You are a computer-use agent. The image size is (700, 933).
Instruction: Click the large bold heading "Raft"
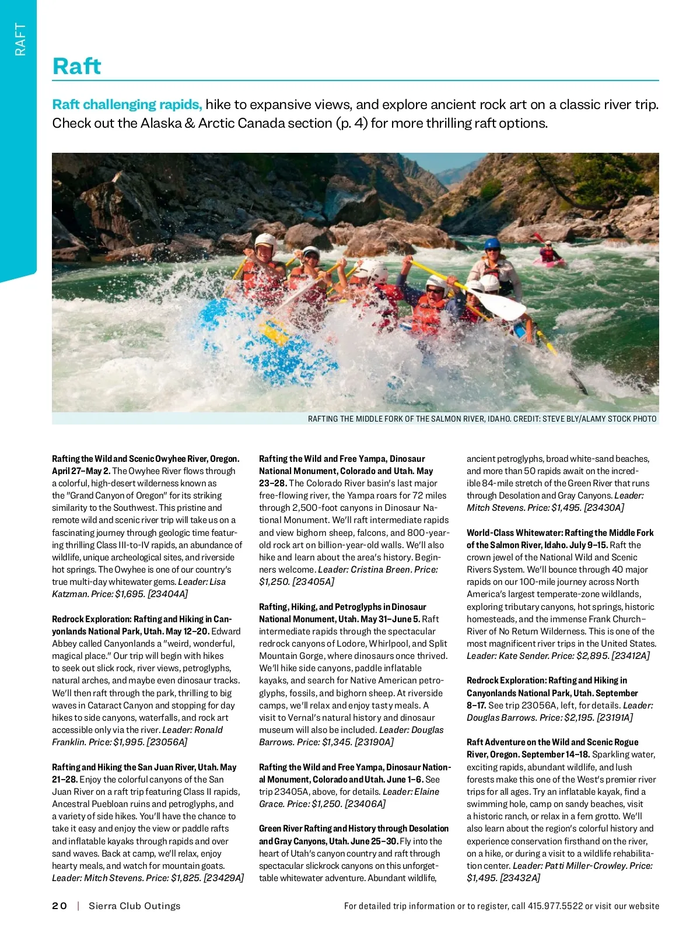click(76, 66)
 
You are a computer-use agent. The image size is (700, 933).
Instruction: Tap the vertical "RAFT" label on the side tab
click(20, 39)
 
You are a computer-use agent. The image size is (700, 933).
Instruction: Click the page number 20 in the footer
click(60, 906)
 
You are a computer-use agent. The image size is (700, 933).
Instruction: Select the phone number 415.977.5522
click(555, 906)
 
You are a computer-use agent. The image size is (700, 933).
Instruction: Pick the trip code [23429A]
click(223, 878)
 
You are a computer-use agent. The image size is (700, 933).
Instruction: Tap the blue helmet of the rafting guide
click(493, 243)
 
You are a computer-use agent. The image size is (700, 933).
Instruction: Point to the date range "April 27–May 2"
click(81, 471)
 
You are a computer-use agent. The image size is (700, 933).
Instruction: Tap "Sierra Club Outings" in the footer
click(134, 906)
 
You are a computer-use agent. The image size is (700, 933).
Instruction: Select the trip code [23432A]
click(520, 878)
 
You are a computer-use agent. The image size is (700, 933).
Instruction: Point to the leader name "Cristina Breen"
click(381, 569)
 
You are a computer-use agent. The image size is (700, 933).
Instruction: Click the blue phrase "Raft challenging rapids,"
click(127, 104)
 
